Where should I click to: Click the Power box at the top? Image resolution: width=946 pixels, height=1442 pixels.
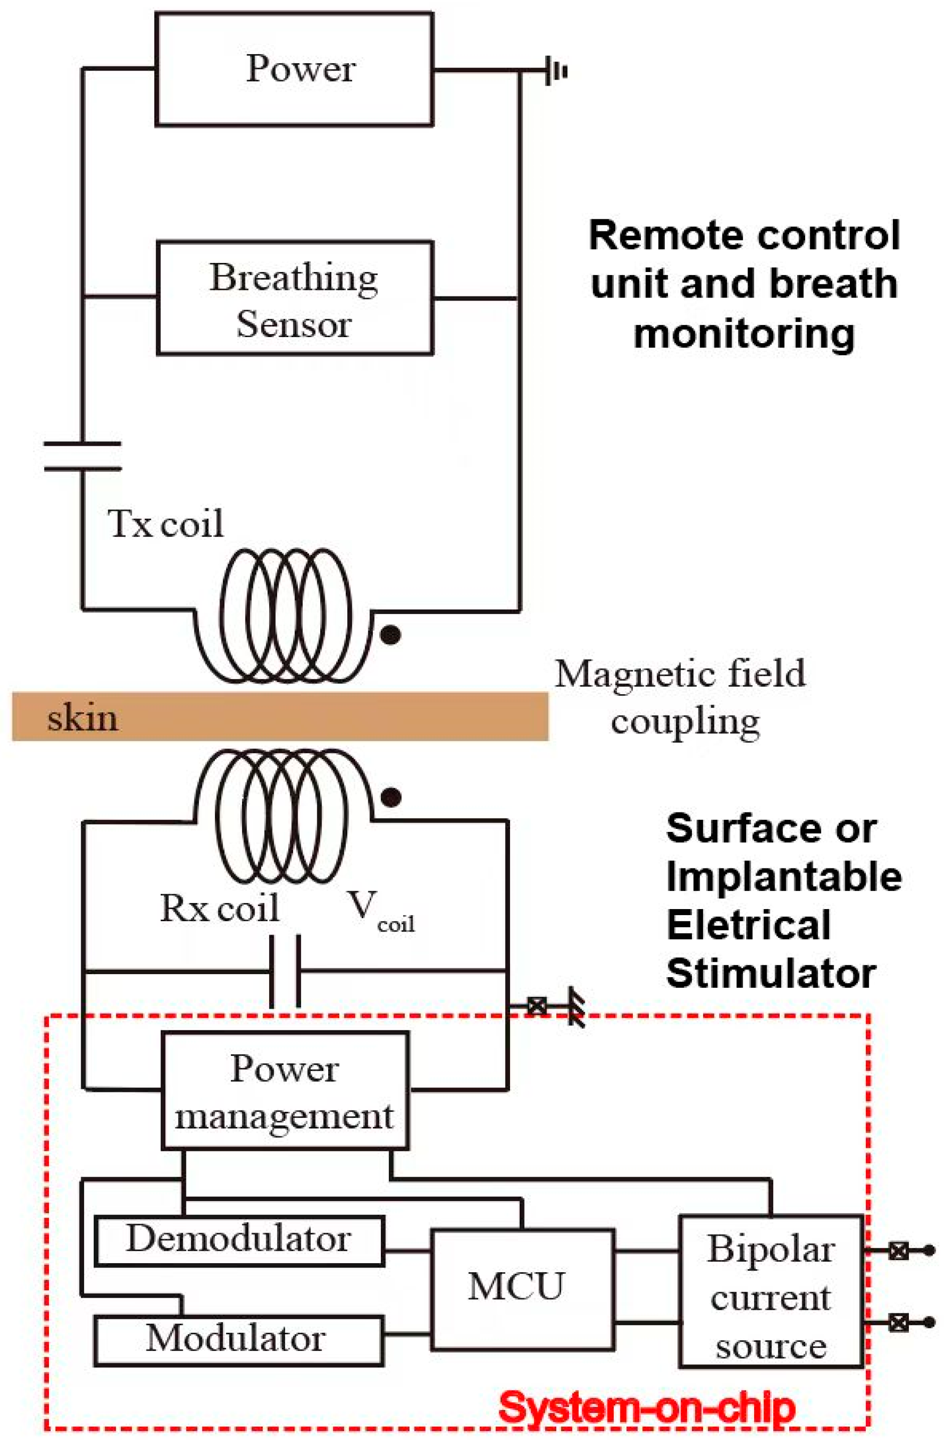pos(295,69)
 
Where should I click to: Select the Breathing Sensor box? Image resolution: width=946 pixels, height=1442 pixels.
pos(295,298)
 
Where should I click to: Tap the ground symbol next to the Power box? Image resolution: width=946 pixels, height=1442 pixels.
pos(555,72)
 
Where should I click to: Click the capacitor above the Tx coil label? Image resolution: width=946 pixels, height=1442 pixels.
pos(82,456)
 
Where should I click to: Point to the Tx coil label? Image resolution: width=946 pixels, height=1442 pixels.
pos(165,523)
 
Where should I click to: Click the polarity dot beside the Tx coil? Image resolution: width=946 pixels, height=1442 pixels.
pos(390,635)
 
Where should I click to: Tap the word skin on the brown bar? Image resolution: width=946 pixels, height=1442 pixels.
pos(83,718)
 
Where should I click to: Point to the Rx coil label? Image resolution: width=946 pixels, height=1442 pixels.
pos(219,908)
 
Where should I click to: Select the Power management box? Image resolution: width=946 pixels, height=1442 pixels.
pos(285,1090)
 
